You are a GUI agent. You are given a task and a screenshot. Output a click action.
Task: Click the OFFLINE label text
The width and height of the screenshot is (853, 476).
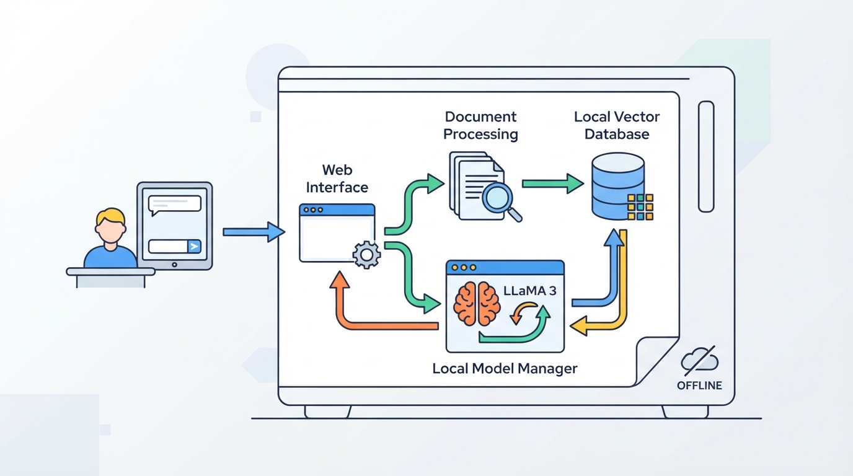(699, 386)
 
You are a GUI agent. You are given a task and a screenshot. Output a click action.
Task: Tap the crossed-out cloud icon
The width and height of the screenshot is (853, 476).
(699, 360)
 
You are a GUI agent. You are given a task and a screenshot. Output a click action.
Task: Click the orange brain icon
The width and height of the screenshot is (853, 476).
(477, 304)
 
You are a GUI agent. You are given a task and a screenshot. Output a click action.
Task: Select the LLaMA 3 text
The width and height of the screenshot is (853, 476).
(529, 291)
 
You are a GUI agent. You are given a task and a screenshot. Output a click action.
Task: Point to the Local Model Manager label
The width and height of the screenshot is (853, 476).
(505, 369)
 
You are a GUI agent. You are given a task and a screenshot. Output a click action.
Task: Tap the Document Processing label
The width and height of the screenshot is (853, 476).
(480, 125)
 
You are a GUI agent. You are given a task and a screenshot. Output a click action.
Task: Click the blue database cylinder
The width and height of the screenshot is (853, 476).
(617, 186)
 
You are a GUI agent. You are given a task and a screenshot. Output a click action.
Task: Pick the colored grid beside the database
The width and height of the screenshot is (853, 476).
(640, 207)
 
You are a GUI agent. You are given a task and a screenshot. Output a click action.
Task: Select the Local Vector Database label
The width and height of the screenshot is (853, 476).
(617, 125)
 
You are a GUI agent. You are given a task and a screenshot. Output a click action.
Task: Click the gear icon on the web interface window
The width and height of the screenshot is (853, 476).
(366, 255)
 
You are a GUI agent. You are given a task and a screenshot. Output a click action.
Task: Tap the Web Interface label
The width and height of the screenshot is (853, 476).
(337, 178)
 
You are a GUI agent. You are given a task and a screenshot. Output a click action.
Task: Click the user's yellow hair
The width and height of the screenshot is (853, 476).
(110, 217)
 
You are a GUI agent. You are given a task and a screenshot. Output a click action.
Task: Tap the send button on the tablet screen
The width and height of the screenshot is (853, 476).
(194, 247)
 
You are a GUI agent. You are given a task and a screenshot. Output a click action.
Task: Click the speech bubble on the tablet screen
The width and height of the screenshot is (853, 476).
(174, 205)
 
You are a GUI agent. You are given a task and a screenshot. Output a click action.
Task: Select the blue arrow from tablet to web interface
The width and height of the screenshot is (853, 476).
(254, 232)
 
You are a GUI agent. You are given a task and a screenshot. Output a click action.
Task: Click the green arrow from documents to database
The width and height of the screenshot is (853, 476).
(553, 184)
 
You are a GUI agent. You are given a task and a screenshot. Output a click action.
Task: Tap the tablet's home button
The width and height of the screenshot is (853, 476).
(174, 265)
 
